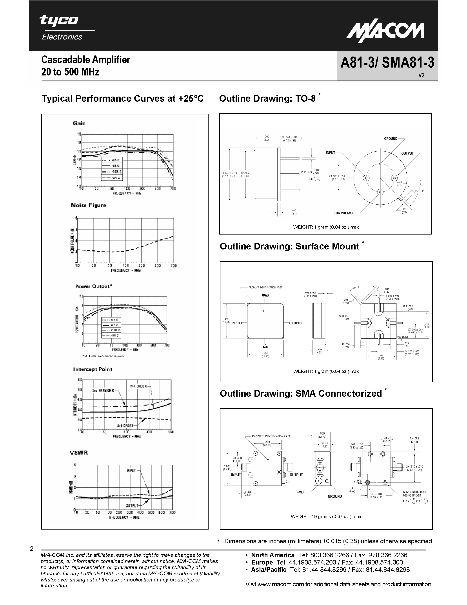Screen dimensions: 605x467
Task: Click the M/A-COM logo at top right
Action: click(385, 31)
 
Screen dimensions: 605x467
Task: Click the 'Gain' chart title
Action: click(79, 123)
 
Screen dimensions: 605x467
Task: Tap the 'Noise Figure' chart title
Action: click(89, 205)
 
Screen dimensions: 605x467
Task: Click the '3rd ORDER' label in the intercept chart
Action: click(125, 425)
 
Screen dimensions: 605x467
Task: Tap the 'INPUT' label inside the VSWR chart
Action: click(131, 470)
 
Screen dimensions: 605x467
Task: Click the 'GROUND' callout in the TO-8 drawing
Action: click(390, 139)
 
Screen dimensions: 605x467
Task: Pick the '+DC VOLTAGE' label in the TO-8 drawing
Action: click(344, 213)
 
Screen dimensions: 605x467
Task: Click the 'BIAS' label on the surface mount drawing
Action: click(265, 295)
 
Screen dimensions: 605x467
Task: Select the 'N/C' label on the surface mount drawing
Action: click(265, 347)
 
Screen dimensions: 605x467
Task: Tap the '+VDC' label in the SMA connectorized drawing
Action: click(301, 492)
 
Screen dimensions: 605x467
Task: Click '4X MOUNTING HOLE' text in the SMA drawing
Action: click(414, 492)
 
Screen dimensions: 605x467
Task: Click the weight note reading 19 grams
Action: click(326, 516)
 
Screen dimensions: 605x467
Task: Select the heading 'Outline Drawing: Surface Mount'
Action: click(289, 246)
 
